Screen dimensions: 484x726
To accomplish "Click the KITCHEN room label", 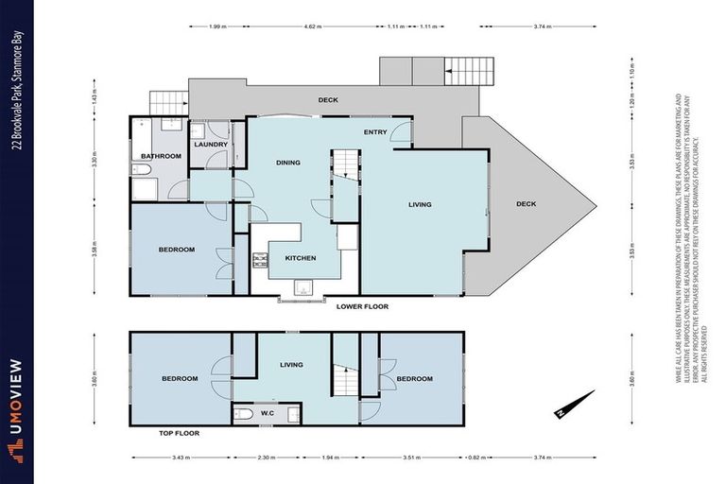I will click(x=301, y=258).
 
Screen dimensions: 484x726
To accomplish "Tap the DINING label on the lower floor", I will click(x=288, y=163).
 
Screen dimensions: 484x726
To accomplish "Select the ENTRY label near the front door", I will click(x=374, y=131).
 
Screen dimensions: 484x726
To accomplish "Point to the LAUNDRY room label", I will click(x=211, y=145).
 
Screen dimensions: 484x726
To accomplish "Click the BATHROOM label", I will click(x=161, y=156).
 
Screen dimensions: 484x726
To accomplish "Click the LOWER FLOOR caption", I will click(x=362, y=306).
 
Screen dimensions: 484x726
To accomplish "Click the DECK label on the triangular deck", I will click(x=527, y=204).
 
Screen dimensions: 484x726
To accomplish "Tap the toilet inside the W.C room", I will click(x=243, y=413).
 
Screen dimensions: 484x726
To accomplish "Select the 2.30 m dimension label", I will click(x=267, y=457).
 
